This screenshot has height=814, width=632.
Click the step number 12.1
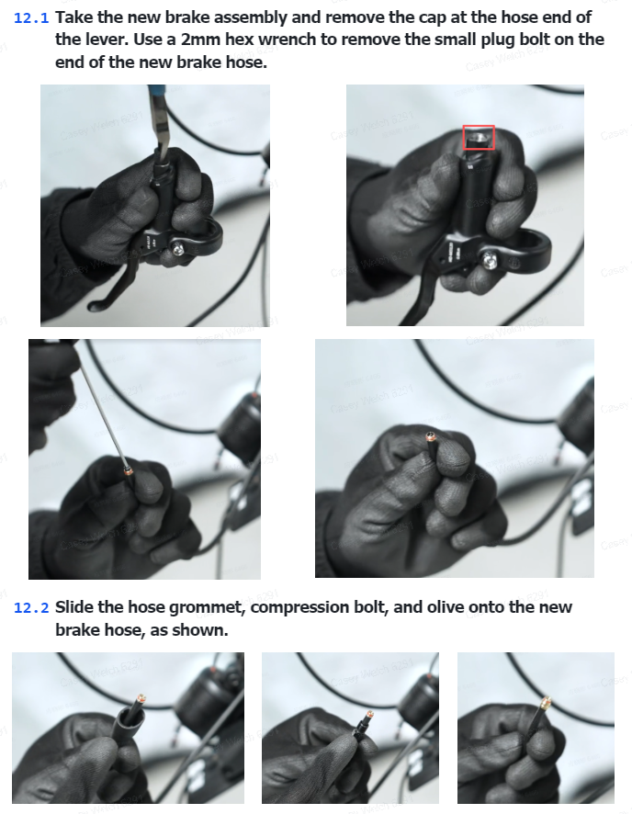click(31, 18)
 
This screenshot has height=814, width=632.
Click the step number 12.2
click(31, 608)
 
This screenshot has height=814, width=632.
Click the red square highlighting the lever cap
click(479, 138)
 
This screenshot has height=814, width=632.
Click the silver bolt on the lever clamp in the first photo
click(178, 250)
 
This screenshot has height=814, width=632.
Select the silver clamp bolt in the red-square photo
click(490, 259)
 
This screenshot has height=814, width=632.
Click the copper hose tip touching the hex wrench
click(129, 472)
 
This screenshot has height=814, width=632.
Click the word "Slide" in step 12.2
click(74, 607)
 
